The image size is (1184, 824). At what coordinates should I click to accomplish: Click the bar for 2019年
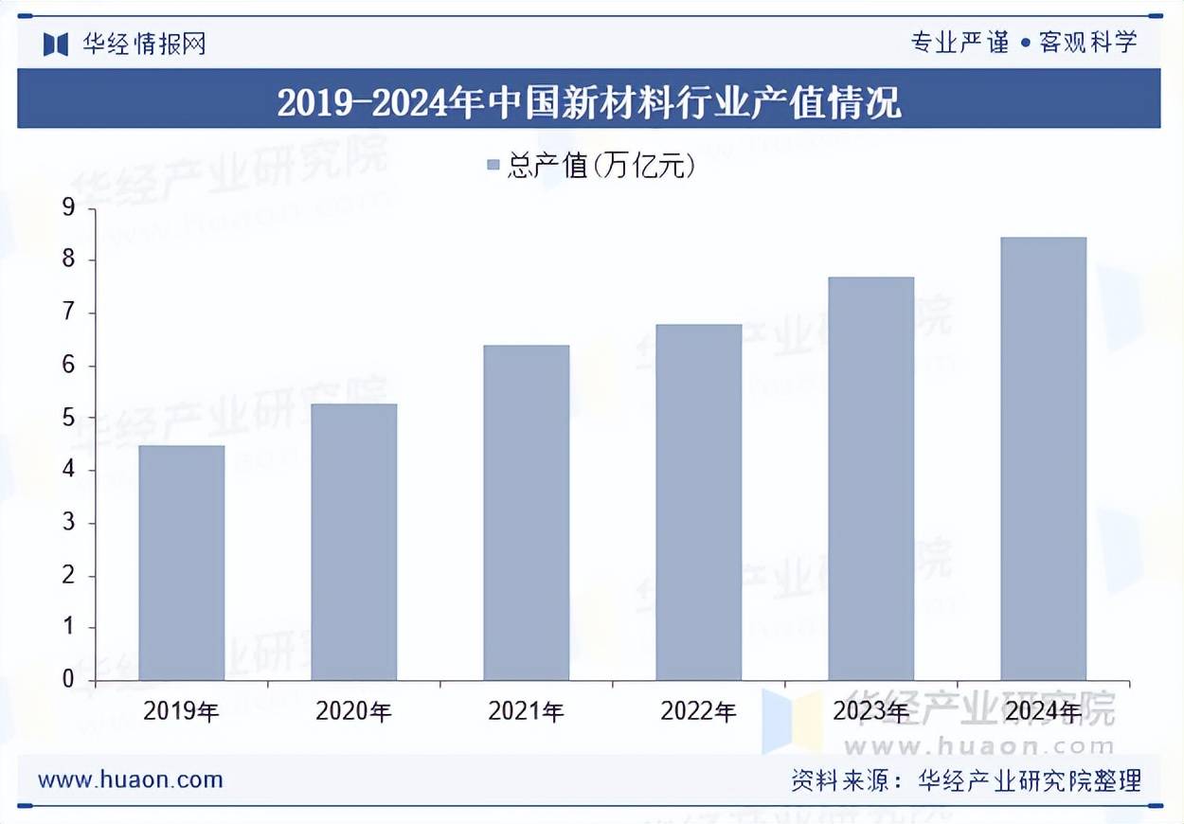182,563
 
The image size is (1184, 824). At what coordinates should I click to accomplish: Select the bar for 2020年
354,542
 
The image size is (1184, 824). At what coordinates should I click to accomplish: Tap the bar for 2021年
527,512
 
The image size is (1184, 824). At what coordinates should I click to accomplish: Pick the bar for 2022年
699,502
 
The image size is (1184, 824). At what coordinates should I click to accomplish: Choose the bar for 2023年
871,478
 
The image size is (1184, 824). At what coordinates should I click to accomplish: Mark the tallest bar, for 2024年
1044,458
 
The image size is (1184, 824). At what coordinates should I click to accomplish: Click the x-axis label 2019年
182,711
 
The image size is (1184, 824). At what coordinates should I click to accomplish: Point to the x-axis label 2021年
527,711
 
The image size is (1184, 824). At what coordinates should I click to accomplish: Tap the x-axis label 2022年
699,711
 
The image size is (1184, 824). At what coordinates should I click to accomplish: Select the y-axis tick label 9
67,207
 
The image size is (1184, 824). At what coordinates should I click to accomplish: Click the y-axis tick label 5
67,418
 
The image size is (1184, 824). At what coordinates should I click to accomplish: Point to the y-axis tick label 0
67,679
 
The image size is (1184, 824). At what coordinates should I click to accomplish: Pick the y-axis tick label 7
67,313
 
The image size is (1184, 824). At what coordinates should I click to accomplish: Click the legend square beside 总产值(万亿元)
493,167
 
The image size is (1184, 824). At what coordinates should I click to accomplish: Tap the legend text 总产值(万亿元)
602,167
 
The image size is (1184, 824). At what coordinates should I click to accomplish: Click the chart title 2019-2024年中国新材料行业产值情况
589,102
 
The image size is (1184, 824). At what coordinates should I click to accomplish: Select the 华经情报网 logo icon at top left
56,44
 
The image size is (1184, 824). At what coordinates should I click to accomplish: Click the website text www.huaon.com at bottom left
131,780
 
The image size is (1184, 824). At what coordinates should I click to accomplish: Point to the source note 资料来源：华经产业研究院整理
966,780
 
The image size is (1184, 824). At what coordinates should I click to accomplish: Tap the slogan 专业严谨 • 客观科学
1023,43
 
